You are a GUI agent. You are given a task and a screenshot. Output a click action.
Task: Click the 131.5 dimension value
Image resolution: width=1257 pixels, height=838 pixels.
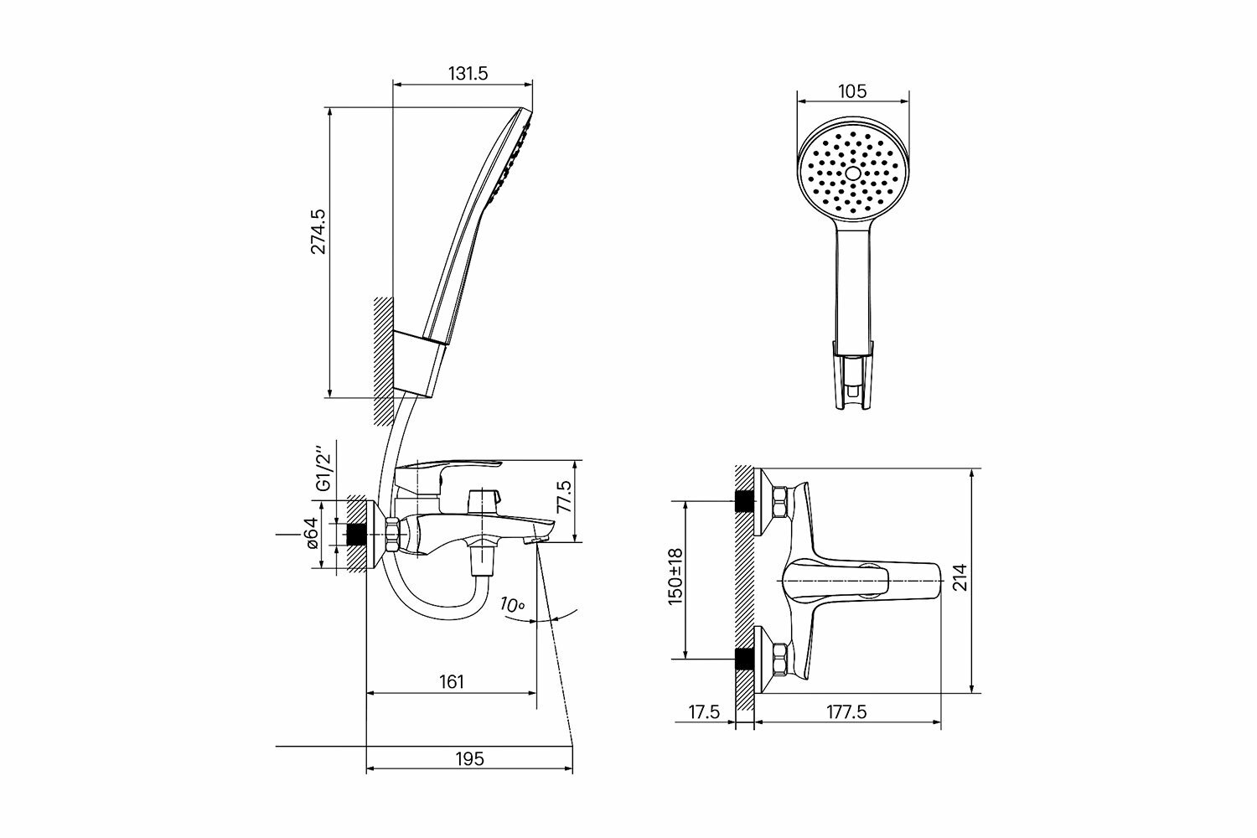(468, 73)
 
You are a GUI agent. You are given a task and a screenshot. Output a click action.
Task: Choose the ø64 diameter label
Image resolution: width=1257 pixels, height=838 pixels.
(311, 533)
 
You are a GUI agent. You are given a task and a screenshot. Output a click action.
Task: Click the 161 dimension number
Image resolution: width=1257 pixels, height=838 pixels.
(451, 682)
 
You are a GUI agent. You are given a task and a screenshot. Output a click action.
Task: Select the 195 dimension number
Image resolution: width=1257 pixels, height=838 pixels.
(470, 759)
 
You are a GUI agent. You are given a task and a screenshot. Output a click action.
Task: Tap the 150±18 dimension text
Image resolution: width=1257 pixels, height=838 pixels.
(675, 577)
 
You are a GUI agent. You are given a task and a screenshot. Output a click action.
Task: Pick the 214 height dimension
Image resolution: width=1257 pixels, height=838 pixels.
(960, 577)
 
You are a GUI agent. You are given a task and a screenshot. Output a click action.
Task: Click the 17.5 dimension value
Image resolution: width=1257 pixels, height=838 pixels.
(704, 712)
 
